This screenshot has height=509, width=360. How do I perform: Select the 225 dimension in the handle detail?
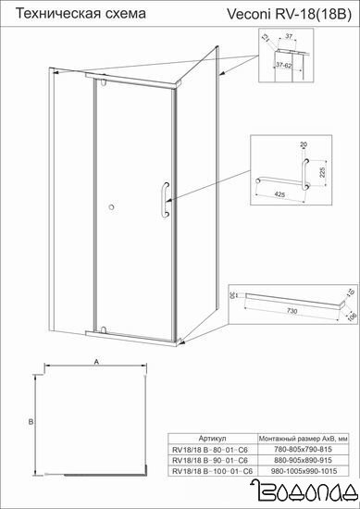pyautogui.click(x=322, y=172)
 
